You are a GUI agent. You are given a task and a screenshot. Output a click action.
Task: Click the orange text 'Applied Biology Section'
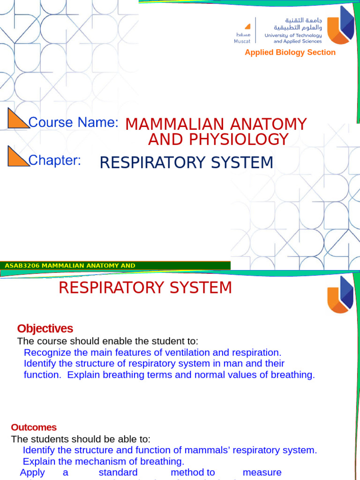pyautogui.click(x=290, y=52)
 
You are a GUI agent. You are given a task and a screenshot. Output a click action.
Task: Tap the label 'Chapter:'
pyautogui.click(x=55, y=160)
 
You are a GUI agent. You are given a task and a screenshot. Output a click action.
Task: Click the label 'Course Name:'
pyautogui.click(x=73, y=122)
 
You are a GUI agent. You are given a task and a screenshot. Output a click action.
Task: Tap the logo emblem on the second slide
pyautogui.click(x=340, y=294)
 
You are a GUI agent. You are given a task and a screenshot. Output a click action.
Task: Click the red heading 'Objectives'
pyautogui.click(x=45, y=329)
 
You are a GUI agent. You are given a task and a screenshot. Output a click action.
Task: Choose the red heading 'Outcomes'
pyautogui.click(x=34, y=427)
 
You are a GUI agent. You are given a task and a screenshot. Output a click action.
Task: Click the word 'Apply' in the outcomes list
pyautogui.click(x=32, y=472)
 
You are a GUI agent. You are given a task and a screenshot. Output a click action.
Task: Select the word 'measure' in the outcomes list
pyautogui.click(x=262, y=472)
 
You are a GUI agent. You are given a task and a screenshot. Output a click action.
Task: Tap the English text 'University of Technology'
pyautogui.click(x=293, y=35)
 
